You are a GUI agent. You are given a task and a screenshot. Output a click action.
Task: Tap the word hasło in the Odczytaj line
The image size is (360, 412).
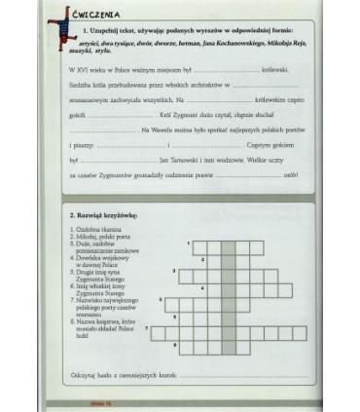[108, 374]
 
